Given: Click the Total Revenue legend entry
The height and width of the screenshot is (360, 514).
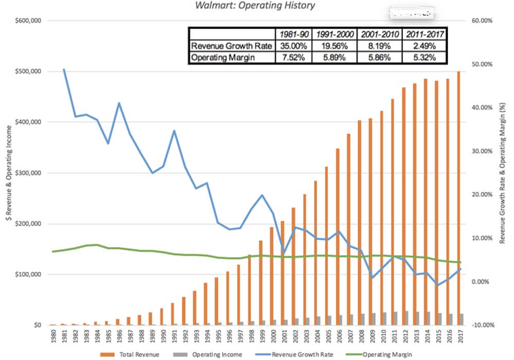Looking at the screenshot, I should click(135, 354).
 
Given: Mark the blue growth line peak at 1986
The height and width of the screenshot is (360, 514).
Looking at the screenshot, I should click(119, 103).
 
